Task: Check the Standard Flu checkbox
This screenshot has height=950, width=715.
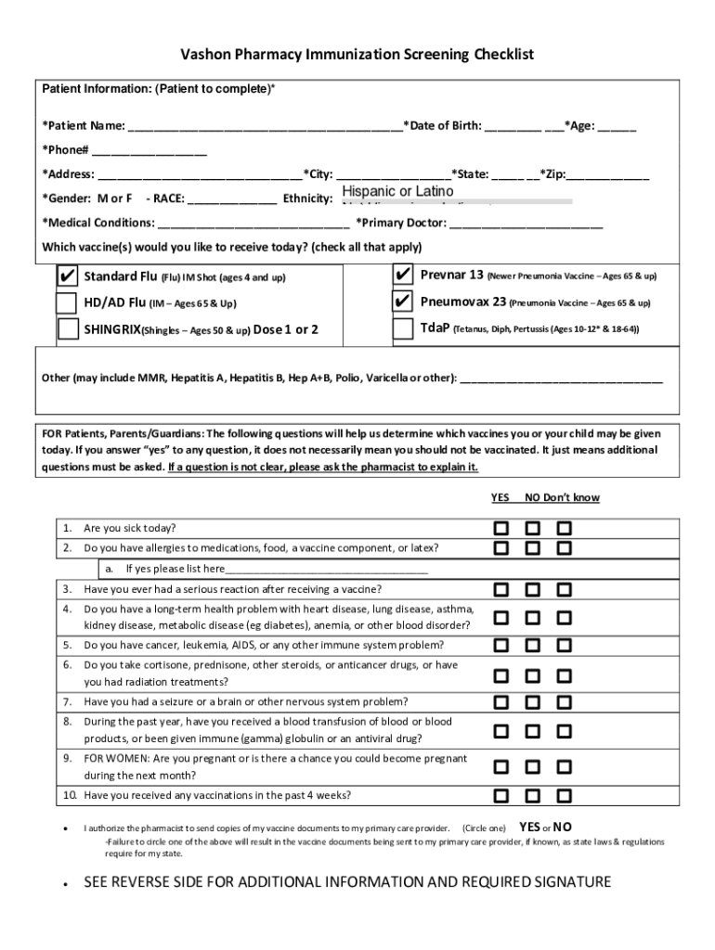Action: click(x=67, y=276)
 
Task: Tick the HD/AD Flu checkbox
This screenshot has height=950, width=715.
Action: click(x=67, y=303)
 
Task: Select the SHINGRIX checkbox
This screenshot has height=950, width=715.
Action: click(x=68, y=329)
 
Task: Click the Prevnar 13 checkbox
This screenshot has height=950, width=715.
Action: click(x=403, y=276)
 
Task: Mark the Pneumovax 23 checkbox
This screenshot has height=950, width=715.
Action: click(x=403, y=302)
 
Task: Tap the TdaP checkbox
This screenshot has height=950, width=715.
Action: click(x=403, y=329)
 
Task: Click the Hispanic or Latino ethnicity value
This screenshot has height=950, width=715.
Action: click(x=397, y=191)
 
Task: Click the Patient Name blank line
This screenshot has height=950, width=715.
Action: click(x=265, y=127)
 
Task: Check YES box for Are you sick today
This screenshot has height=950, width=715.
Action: click(x=501, y=528)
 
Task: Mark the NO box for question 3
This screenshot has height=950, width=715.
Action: click(x=533, y=589)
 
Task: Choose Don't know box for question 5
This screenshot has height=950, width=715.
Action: click(x=565, y=645)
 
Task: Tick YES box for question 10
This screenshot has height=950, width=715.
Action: click(x=501, y=795)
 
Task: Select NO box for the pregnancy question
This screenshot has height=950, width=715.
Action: click(x=533, y=767)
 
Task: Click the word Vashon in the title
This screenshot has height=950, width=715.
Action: click(x=207, y=55)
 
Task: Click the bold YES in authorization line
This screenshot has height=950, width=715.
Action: click(x=529, y=827)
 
